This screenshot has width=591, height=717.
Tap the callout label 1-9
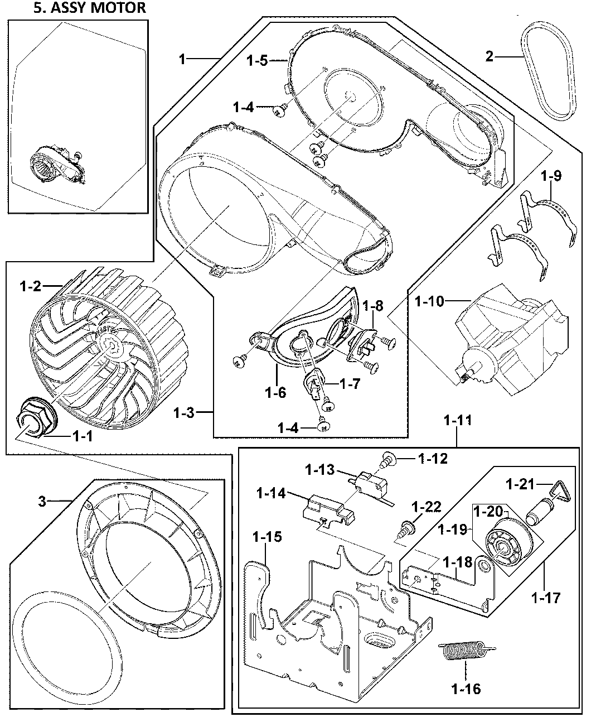click(551, 176)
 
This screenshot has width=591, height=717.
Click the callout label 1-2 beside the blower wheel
click(31, 287)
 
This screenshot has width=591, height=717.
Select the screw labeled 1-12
click(387, 460)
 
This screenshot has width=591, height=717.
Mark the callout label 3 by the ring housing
click(42, 501)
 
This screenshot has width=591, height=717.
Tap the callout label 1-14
click(272, 493)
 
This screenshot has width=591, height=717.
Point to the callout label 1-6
click(275, 392)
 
